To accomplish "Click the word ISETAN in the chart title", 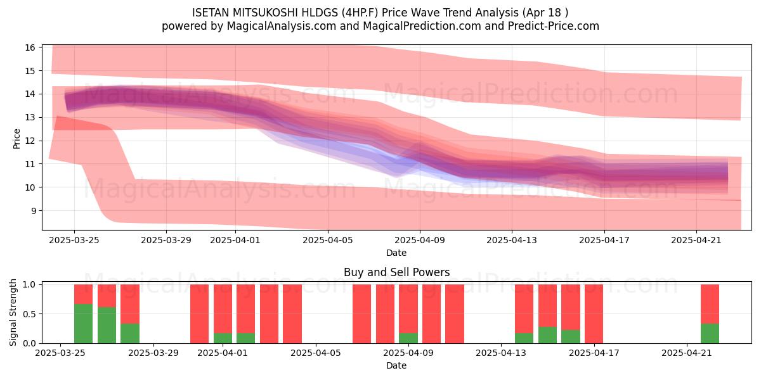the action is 211,13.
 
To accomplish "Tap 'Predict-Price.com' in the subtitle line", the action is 554,26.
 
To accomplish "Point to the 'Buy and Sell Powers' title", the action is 396,272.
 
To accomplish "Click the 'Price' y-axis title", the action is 16,139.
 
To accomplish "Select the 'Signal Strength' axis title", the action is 13,312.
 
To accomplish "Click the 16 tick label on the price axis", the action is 30,47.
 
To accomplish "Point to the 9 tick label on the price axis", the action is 33,211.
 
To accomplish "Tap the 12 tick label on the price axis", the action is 30,141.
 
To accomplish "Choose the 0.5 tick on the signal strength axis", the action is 29,314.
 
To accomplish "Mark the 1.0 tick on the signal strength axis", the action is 29,284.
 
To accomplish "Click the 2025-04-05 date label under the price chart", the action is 328,240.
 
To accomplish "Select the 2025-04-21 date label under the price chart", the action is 696,240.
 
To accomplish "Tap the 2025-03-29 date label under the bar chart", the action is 153,353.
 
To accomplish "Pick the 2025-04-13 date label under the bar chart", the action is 501,353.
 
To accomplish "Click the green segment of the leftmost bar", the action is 83,324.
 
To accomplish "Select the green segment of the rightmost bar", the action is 710,334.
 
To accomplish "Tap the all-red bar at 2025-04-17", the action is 594,314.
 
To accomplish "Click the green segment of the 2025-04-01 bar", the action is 223,338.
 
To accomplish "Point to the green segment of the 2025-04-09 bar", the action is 408,338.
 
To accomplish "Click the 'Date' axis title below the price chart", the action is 396,253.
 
